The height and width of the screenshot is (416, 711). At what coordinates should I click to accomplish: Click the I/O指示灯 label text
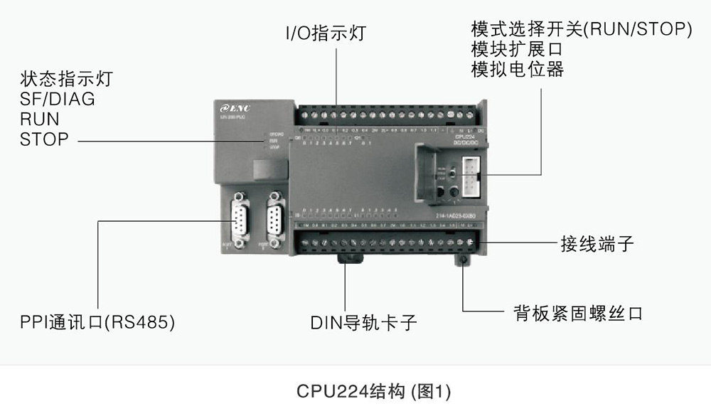click(x=325, y=33)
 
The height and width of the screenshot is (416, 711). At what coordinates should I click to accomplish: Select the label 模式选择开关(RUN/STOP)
click(x=582, y=30)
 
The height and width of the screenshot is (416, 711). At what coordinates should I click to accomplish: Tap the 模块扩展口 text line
click(x=517, y=50)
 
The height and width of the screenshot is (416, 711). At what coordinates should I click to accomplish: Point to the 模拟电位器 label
click(x=517, y=70)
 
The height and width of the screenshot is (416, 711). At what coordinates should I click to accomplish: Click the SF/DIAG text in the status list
click(x=58, y=99)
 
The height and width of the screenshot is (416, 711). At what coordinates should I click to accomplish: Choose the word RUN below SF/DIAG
click(x=40, y=119)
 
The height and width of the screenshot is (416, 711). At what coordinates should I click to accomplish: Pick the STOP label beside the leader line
click(x=44, y=139)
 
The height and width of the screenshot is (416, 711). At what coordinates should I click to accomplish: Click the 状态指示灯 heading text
click(x=66, y=78)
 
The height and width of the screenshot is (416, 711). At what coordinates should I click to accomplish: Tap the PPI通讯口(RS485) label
click(x=97, y=321)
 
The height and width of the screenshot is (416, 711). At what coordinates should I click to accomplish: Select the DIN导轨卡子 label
click(x=363, y=323)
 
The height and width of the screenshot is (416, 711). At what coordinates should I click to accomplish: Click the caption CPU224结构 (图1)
click(x=373, y=391)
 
